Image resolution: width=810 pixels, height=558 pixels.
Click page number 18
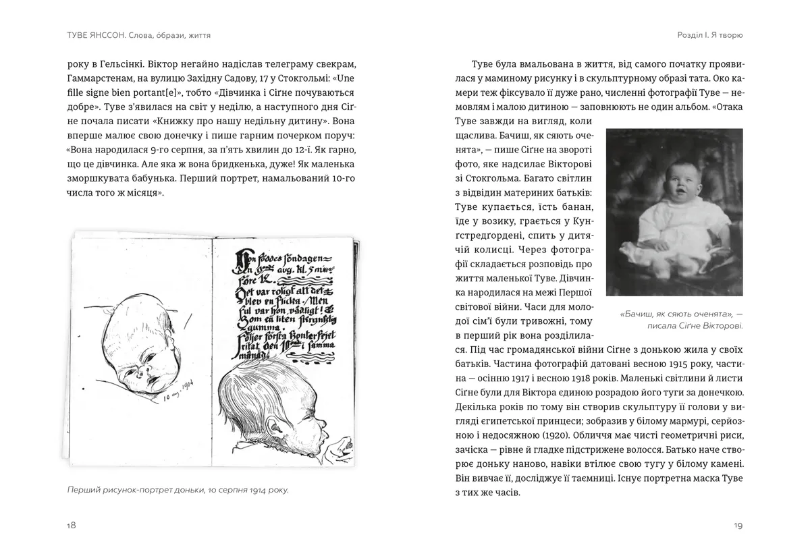tap(71, 526)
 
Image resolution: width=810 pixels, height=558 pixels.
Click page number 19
tap(738, 526)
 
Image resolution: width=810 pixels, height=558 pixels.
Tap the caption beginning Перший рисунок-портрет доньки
tap(177, 490)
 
